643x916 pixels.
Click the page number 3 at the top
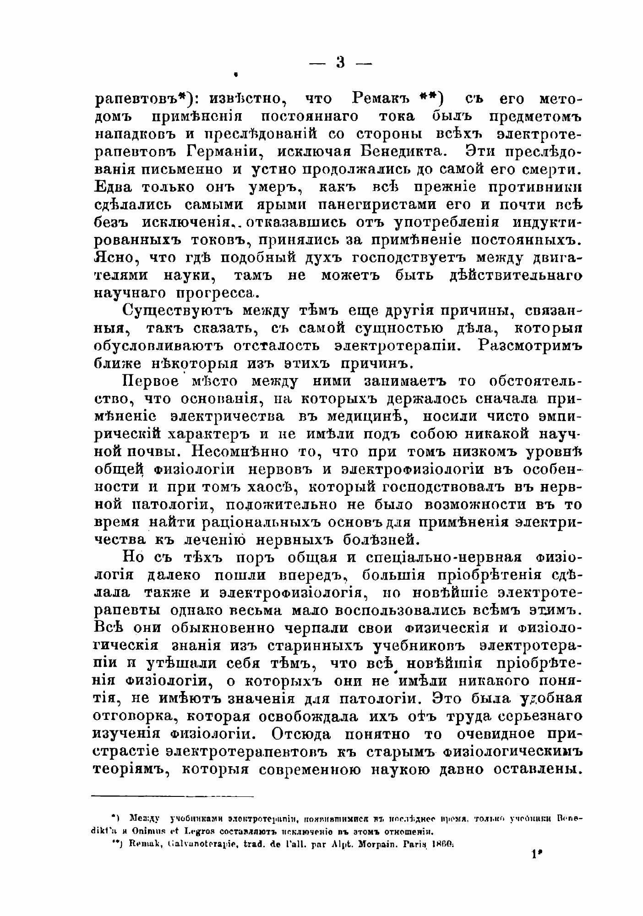click(340, 62)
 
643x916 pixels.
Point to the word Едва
click(113, 187)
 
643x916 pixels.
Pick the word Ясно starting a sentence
click(114, 258)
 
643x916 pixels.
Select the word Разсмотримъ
click(529, 346)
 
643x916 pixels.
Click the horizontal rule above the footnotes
click(173, 796)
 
